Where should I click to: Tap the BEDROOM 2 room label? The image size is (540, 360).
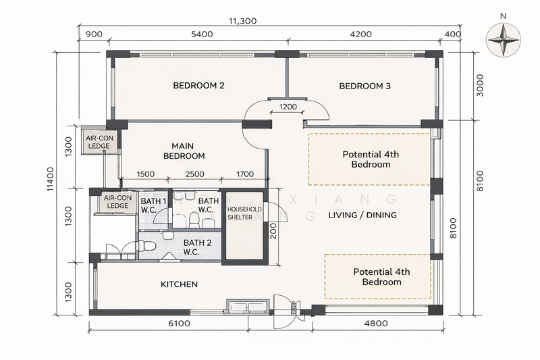tap(198, 86)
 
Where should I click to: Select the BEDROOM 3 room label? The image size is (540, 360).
tap(364, 86)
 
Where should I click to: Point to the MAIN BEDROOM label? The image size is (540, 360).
tap(184, 151)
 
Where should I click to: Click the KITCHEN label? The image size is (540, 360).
tap(179, 284)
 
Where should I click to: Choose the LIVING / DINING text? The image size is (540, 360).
tap(362, 215)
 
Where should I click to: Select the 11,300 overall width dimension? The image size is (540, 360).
tap(243, 21)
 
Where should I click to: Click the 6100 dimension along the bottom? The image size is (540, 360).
tap(178, 324)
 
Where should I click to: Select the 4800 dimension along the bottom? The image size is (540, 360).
tap(375, 324)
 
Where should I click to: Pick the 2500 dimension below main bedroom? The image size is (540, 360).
tap(195, 174)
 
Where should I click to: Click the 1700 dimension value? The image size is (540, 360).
tap(244, 174)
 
